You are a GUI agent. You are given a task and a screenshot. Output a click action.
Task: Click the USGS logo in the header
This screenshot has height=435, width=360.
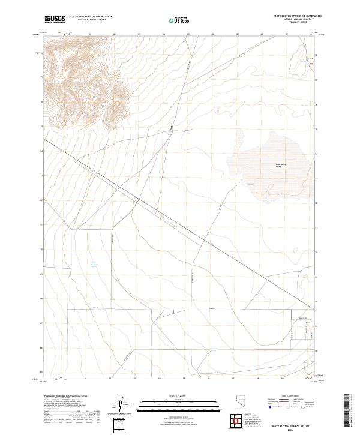coord(56,19)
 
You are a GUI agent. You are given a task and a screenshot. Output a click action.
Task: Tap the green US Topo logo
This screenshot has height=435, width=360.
coord(180,20)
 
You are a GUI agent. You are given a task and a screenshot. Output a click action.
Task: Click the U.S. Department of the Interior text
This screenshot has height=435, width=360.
coord(91,17)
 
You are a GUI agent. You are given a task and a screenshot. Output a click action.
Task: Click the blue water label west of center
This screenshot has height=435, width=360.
coord(94,263)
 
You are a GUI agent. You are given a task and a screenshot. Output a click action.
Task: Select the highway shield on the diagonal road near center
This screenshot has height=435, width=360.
coord(211,244)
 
